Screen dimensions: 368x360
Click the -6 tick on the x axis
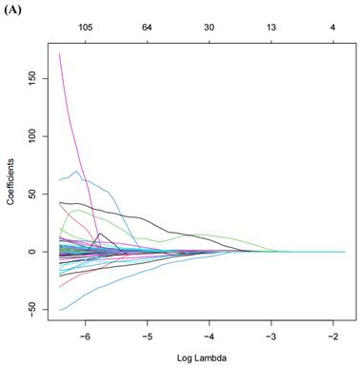pos(85,336)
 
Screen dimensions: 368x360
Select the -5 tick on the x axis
pos(147,336)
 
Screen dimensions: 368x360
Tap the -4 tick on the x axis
pos(209,336)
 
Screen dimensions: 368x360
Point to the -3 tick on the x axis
pos(270,336)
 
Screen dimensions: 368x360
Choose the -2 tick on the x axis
pos(332,336)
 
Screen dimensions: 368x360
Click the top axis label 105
pos(85,28)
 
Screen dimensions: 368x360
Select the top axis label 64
pos(147,28)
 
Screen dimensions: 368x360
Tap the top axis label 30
pos(209,28)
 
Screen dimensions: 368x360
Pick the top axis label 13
pos(270,28)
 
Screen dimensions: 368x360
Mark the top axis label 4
pos(332,28)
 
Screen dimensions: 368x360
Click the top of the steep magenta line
pos(60,54)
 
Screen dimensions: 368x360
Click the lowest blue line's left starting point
pos(60,310)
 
